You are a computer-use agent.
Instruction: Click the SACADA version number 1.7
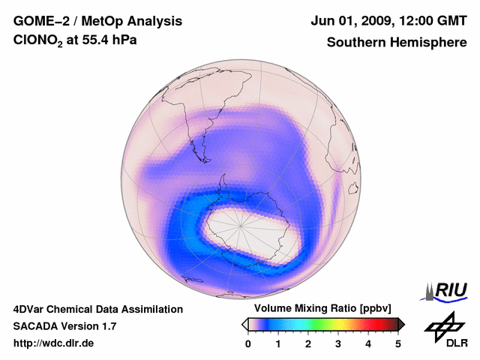tap(107, 326)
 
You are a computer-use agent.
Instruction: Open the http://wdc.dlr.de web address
tap(54, 343)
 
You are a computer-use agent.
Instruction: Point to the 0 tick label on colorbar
tap(248, 343)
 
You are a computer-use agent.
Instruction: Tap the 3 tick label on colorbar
tap(338, 343)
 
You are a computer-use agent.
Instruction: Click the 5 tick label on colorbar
tap(398, 343)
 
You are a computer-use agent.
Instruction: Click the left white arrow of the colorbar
tap(244, 324)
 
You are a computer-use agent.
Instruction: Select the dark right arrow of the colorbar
tap(401, 324)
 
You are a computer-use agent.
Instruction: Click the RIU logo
tap(447, 291)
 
